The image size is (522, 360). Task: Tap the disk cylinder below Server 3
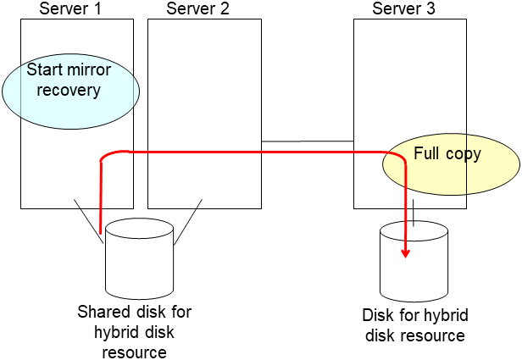pos(413,254)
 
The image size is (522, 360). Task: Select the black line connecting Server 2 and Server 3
pos(307,141)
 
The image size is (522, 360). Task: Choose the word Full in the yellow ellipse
pos(428,154)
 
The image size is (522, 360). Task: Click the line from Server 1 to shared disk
pos(88,215)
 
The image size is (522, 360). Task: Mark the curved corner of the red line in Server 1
pos(106,157)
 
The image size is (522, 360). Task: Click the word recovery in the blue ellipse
pos(69,90)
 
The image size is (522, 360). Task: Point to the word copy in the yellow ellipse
pos(464,154)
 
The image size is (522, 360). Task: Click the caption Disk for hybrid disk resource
pos(414,325)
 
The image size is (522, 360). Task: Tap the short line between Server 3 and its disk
pos(413,215)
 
